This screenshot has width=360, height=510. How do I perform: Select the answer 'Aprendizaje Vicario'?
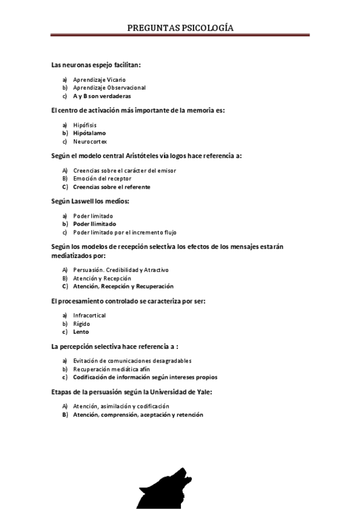[x=99, y=79]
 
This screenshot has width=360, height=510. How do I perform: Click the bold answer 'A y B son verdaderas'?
[x=102, y=96]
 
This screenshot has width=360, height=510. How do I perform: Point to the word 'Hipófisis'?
[x=85, y=125]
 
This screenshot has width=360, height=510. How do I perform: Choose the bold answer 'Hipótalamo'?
[x=88, y=133]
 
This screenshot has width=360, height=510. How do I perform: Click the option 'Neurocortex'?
[x=90, y=141]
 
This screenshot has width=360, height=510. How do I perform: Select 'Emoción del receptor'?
[x=102, y=179]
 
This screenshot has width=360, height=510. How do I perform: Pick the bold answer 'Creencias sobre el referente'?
[x=112, y=187]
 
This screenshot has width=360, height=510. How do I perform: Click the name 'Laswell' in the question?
[x=85, y=201]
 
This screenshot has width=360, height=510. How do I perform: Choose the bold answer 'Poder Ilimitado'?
[x=95, y=224]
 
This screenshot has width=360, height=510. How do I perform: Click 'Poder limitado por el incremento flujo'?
[x=124, y=232]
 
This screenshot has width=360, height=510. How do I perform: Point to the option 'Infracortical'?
[x=90, y=315]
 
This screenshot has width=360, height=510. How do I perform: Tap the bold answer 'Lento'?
[x=81, y=331]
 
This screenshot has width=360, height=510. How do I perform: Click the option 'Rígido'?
[x=82, y=324]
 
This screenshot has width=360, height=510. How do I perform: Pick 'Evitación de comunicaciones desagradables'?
[x=132, y=361]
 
